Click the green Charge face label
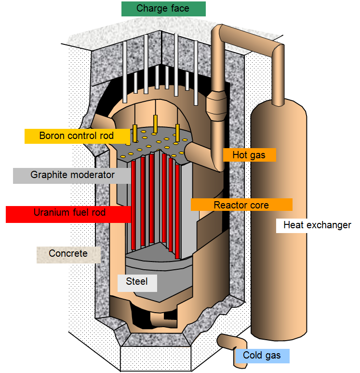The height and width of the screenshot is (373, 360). pos(163,9)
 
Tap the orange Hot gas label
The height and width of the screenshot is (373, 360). pos(249,155)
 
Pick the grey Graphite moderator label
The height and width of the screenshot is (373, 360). pos(72,175)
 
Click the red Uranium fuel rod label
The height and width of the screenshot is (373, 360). pos(68,213)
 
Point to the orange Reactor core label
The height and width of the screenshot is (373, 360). pos(241,205)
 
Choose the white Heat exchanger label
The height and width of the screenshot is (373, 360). pos(317,225)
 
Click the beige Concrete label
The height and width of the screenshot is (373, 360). pos(68,254)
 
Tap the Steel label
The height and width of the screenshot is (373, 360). pos(137,282)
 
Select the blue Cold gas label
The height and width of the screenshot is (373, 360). pos(262,356)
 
